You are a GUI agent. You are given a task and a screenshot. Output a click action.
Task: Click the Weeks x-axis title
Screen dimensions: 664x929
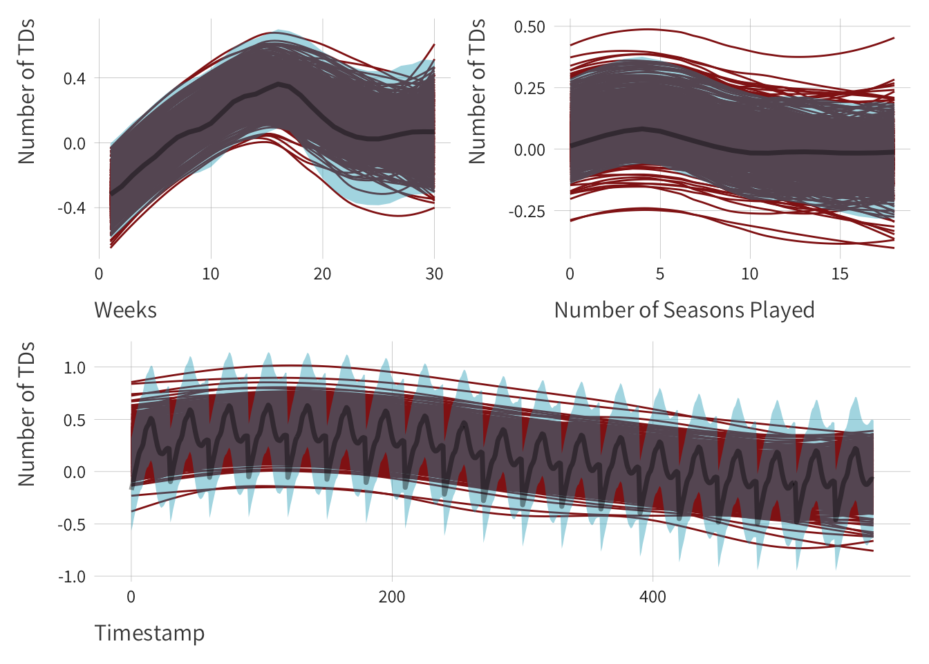(x=125, y=310)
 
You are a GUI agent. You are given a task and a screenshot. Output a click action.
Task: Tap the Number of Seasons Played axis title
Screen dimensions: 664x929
(x=684, y=310)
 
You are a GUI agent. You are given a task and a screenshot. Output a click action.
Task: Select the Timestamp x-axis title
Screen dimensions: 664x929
(x=149, y=633)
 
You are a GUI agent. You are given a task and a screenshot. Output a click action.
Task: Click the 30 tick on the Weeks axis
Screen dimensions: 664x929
(x=434, y=274)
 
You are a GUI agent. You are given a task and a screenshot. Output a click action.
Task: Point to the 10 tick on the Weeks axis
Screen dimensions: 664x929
(x=211, y=274)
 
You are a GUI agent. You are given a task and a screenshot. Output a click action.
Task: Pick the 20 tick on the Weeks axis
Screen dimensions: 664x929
(x=322, y=274)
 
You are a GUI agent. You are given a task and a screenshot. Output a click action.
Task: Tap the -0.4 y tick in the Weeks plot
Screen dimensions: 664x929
(x=71, y=208)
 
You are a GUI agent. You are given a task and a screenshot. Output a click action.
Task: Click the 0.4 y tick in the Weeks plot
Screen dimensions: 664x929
(x=75, y=79)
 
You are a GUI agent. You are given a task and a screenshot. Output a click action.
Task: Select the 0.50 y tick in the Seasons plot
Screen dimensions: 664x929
(x=529, y=27)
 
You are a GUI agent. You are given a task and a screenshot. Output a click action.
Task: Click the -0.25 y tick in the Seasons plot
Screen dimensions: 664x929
(x=527, y=212)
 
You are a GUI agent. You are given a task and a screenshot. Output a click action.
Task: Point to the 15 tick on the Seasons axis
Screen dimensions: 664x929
(x=840, y=274)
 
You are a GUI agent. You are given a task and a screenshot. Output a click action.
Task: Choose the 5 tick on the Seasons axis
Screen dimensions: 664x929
(x=660, y=274)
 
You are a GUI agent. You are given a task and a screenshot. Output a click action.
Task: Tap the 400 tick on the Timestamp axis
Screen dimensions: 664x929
(x=653, y=597)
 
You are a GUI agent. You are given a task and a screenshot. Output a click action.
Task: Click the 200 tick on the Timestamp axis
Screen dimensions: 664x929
(x=392, y=597)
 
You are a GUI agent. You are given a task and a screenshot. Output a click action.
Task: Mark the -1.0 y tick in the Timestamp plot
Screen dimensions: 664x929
(x=72, y=577)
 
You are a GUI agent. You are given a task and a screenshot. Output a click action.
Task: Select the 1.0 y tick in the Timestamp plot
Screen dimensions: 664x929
(x=75, y=368)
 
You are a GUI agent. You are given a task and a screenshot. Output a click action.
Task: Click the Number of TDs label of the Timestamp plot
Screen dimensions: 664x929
(x=26, y=414)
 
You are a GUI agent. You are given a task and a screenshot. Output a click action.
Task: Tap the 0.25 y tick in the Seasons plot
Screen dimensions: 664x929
(x=529, y=89)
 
